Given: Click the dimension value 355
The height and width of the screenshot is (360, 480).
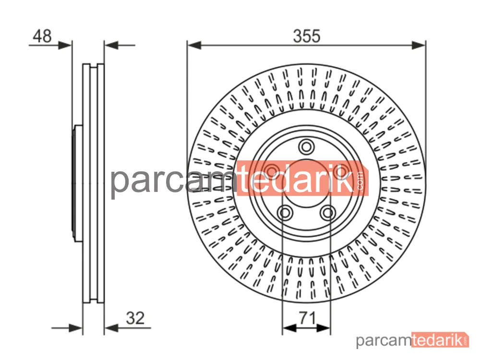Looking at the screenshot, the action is (307, 36).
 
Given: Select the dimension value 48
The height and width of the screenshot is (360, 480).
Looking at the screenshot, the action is (42, 36).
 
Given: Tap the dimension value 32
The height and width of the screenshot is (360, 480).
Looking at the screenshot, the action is (135, 318).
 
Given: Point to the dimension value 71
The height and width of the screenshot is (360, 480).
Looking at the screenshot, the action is (307, 318).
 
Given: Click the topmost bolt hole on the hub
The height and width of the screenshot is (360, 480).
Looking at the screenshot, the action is (306, 147).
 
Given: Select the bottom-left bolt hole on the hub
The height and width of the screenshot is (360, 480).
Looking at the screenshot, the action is (285, 213).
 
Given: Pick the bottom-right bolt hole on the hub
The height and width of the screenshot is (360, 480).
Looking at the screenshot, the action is (328, 213).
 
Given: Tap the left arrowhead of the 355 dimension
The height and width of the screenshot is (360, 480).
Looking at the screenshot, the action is (194, 45).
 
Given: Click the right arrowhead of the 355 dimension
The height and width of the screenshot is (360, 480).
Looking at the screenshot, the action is (419, 45).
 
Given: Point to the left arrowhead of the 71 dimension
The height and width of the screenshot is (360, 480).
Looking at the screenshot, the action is (289, 328).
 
